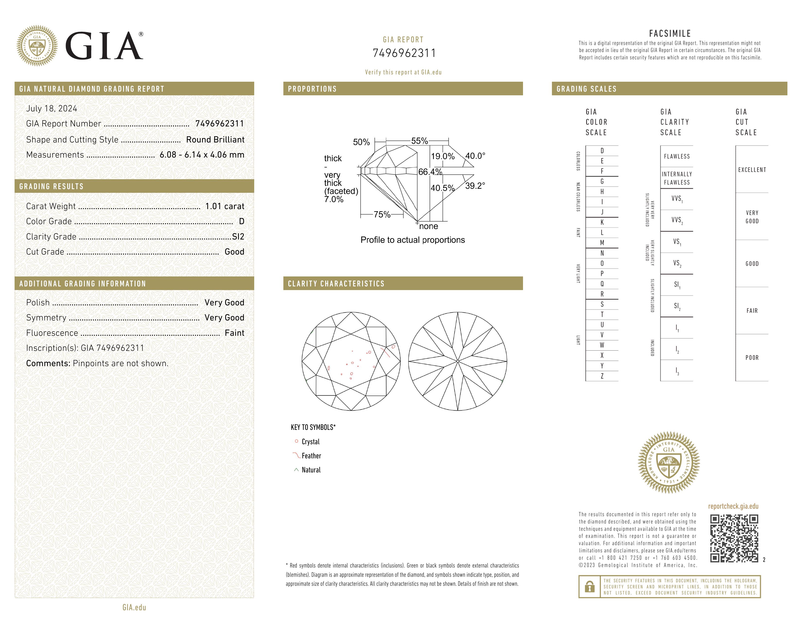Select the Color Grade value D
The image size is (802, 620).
241,221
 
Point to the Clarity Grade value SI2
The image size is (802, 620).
238,237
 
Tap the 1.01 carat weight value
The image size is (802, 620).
224,206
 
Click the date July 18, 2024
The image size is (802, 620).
52,108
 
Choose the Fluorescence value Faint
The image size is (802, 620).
234,333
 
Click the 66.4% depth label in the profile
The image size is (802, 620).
430,171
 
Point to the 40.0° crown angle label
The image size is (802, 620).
475,156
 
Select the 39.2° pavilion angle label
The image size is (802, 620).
475,186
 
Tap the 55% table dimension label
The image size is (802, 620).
419,141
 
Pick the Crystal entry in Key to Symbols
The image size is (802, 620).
310,442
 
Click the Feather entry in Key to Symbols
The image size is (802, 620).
311,456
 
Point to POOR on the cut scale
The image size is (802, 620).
752,358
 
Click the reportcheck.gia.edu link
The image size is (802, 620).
733,506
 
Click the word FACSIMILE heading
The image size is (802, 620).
670,33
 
